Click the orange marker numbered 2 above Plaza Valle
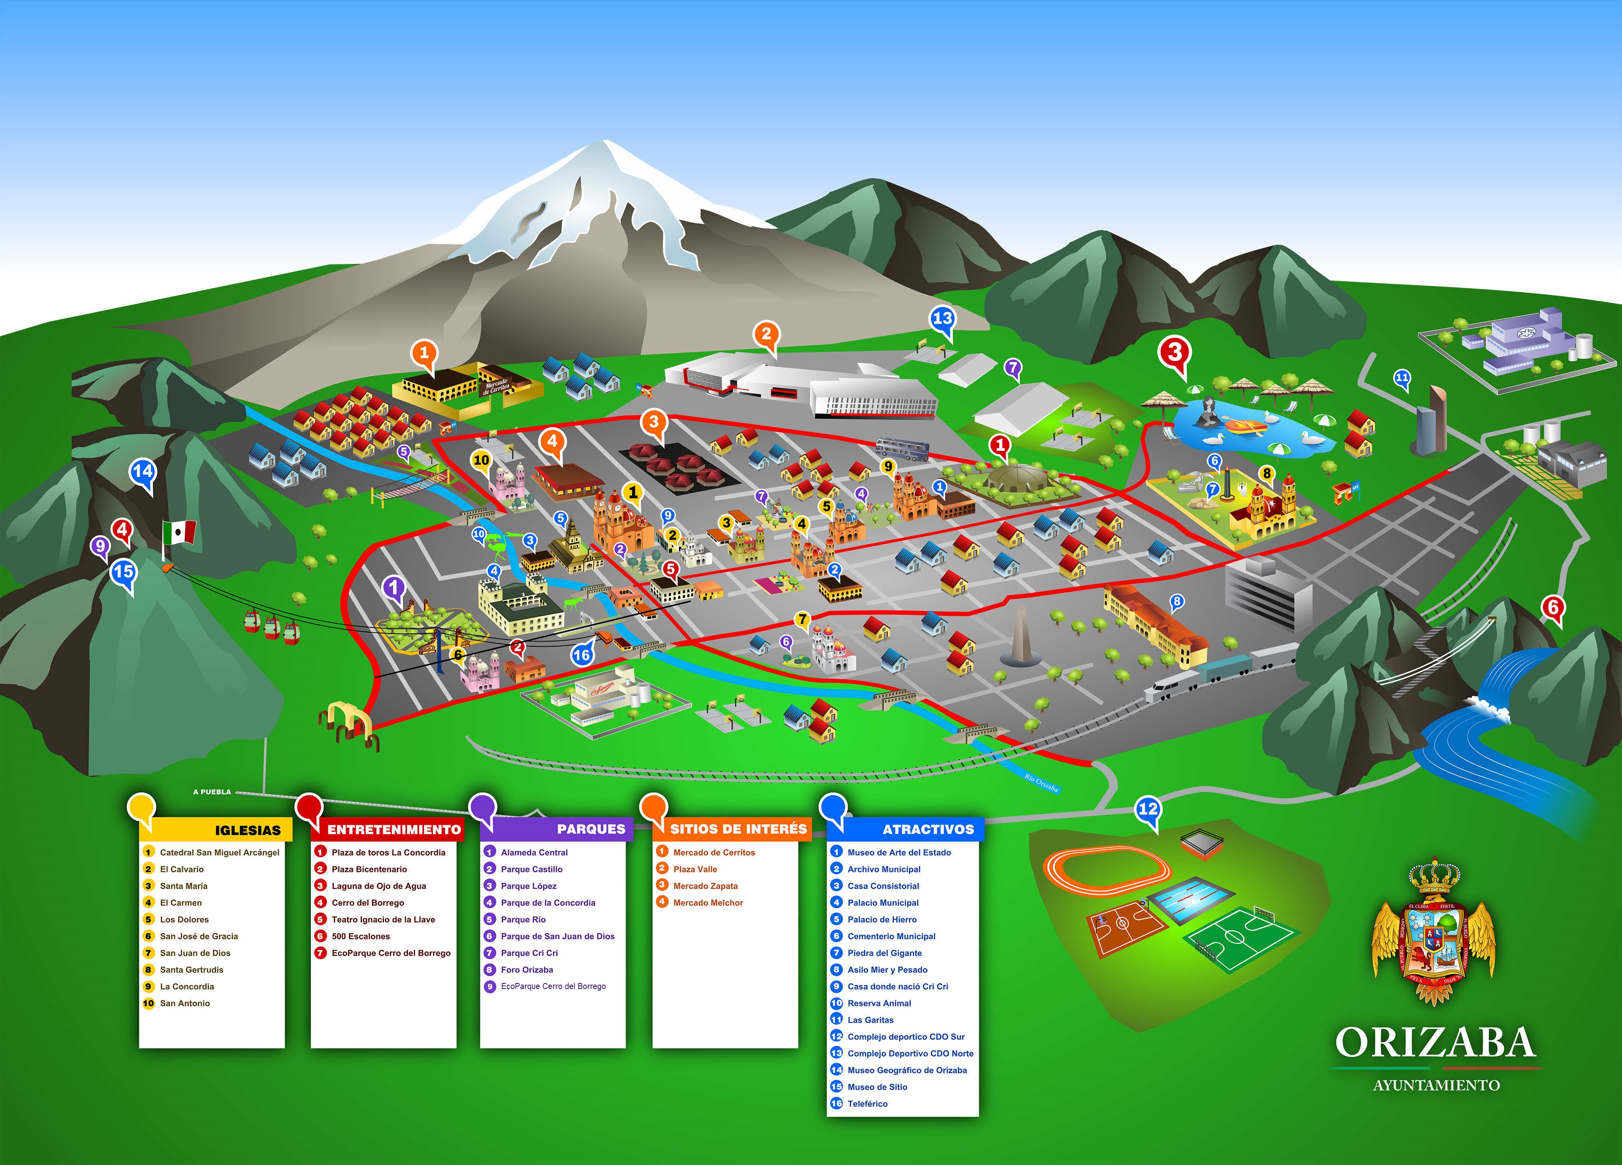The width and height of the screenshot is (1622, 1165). click(x=766, y=334)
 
